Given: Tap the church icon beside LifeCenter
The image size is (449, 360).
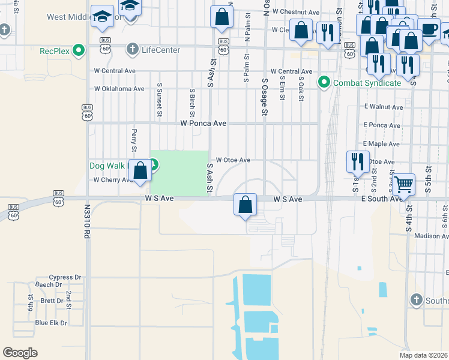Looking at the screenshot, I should (x=133, y=49).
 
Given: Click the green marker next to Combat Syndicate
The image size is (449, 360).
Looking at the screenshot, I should (x=324, y=82).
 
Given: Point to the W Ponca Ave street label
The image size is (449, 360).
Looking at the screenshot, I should (x=203, y=123).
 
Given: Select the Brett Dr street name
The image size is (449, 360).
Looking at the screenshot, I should (x=52, y=301).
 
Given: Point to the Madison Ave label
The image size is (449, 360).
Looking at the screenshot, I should (x=432, y=236).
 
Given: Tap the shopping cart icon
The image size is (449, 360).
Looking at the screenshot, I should (x=404, y=184).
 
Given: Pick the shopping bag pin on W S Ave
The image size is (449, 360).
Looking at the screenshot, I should (x=245, y=205).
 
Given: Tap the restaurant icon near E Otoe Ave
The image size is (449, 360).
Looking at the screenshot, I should (x=357, y=161).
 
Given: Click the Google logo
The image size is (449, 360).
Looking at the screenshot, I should (x=20, y=353).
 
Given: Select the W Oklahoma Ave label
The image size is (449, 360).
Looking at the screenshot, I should (x=119, y=89).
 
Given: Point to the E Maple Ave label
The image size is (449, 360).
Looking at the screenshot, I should (x=381, y=144).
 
